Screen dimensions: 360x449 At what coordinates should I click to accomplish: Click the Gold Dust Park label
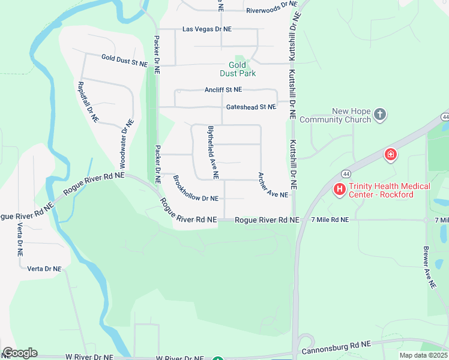point(241,69)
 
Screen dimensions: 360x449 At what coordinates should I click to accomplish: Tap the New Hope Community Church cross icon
point(379,113)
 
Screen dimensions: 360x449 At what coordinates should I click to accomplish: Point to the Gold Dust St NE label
point(124,60)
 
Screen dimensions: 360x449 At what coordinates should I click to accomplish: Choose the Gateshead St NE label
point(251,107)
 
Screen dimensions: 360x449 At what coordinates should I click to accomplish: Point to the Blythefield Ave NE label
point(212,152)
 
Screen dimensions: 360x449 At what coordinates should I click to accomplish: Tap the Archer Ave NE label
point(273,185)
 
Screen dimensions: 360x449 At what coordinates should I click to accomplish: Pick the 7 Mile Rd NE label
point(330,220)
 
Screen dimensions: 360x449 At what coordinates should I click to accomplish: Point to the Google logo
point(20,353)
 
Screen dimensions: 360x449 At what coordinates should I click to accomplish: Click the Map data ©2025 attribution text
point(423,355)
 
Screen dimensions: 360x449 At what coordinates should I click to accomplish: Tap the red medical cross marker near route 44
point(390,155)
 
